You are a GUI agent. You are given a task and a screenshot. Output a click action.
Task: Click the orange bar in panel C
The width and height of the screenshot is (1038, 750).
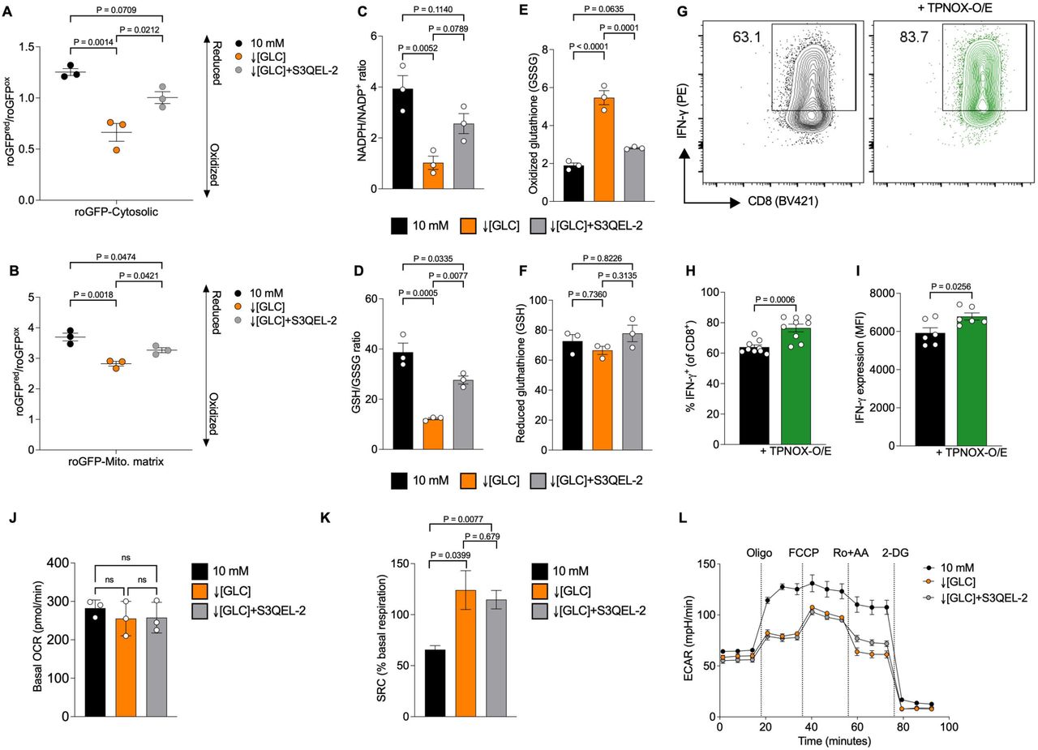coord(432,176)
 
